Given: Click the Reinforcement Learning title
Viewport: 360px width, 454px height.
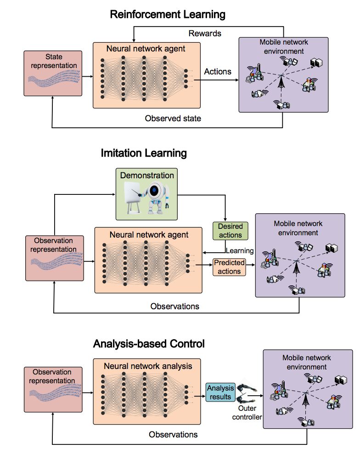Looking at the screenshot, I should [168, 14].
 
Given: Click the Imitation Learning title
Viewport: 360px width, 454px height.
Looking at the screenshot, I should [144, 153].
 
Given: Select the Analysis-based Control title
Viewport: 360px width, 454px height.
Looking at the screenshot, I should [149, 343].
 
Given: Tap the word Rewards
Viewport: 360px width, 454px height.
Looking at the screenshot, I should [205, 34].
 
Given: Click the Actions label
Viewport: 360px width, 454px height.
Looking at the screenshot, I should [218, 71].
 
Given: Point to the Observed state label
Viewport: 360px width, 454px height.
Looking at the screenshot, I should [173, 118].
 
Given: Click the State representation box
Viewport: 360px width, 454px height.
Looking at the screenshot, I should [53, 74].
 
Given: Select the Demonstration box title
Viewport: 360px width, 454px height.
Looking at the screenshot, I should [147, 175].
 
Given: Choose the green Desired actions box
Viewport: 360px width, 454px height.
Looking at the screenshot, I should [230, 231].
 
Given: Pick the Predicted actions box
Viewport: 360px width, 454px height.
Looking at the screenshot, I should [229, 267].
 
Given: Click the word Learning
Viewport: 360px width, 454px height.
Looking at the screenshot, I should [240, 250].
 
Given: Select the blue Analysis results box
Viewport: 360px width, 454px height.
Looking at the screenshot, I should [220, 392].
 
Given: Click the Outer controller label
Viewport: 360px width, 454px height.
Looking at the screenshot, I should [247, 413].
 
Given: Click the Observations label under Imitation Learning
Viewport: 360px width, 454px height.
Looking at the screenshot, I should [175, 306].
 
